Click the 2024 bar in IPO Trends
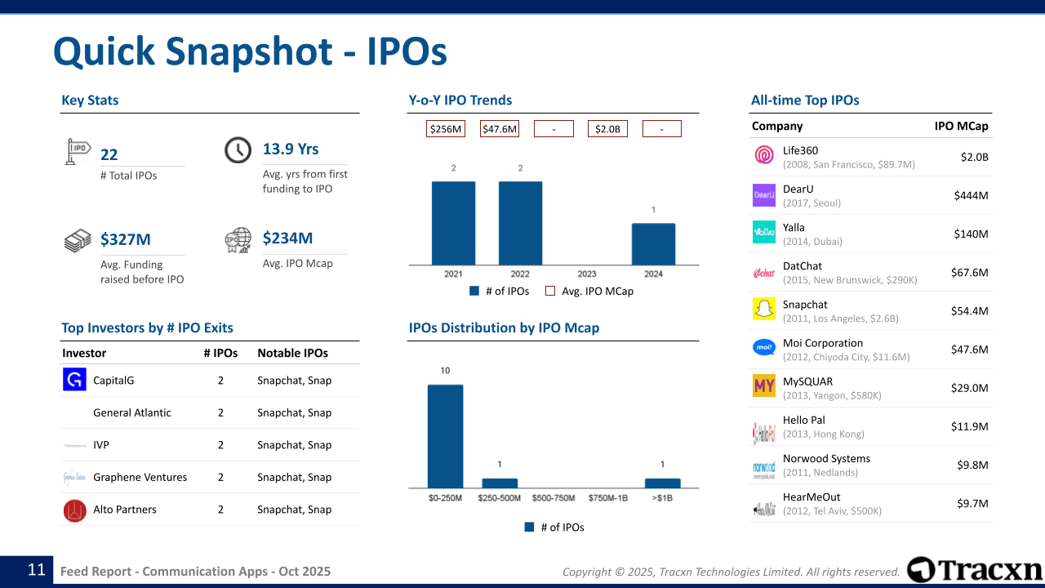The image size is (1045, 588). coord(653,243)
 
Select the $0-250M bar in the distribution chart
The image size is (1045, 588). coord(445,436)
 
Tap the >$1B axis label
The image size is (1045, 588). coord(662,497)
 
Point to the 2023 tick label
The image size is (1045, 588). coord(586,274)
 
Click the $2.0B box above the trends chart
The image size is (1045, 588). coord(607,129)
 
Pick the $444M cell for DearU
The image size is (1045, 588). coord(971,195)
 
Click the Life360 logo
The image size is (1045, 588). coord(764,155)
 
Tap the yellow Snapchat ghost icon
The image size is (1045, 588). coord(764,310)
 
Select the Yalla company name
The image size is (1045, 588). coord(794,227)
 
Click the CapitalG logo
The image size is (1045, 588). coord(74,380)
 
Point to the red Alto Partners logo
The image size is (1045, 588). coord(74,510)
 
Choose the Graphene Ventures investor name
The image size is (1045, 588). coord(140,477)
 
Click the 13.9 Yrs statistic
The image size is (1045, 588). coord(291,149)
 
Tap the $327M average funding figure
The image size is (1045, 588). coord(126,239)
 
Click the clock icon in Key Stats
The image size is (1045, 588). coord(238,150)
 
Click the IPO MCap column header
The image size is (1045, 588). coord(961,126)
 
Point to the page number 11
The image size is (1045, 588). coord(37,570)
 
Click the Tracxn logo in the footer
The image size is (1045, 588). coord(975,570)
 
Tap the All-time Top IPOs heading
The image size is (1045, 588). coord(805,100)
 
